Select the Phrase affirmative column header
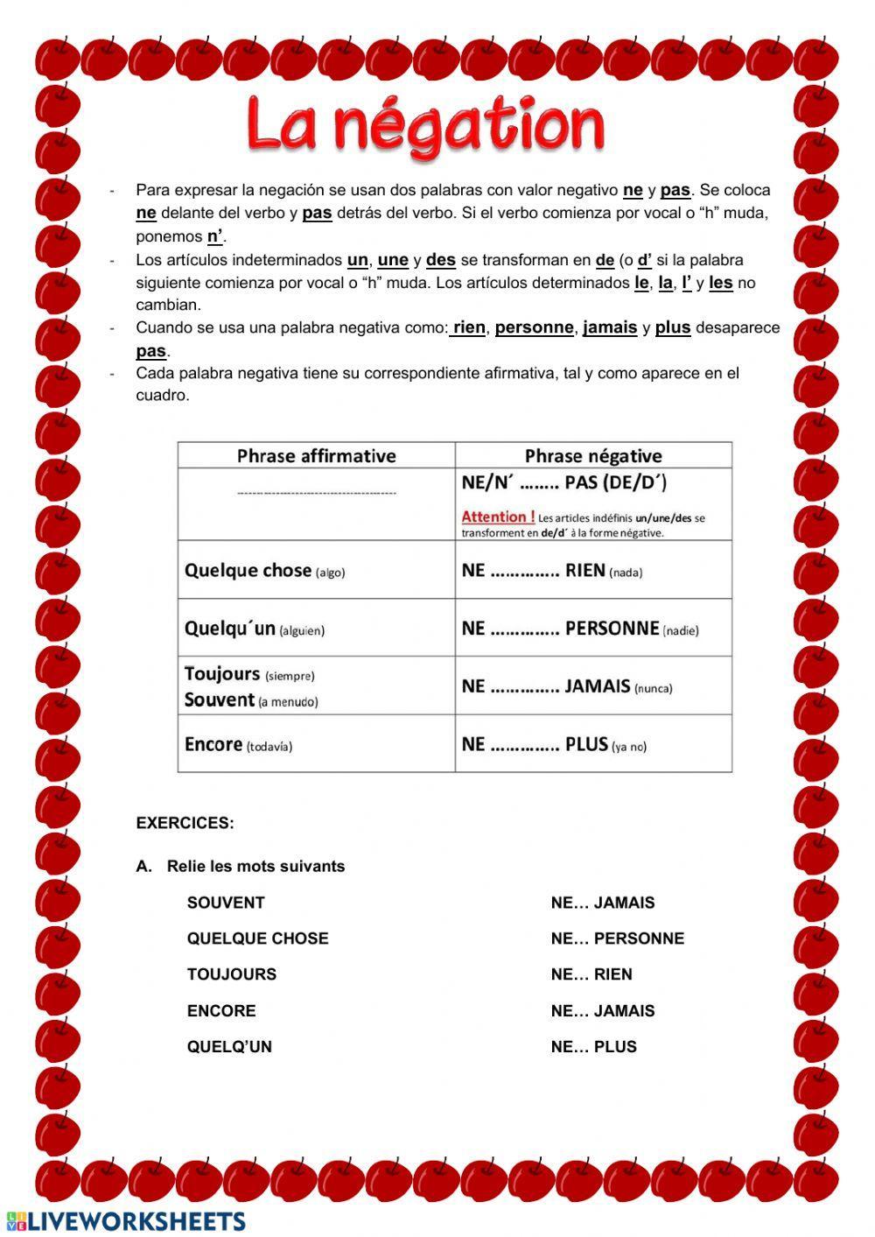click(x=316, y=456)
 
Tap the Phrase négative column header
click(x=593, y=456)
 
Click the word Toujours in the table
click(x=222, y=674)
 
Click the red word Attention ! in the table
click(x=498, y=517)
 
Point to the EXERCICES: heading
click(x=185, y=823)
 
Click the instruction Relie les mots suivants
click(x=255, y=867)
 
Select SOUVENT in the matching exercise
click(x=226, y=903)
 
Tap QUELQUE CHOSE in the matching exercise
click(x=257, y=938)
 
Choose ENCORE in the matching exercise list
click(x=221, y=1010)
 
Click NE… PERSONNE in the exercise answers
click(x=618, y=938)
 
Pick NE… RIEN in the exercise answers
click(x=591, y=974)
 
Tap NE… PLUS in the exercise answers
click(x=594, y=1046)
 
